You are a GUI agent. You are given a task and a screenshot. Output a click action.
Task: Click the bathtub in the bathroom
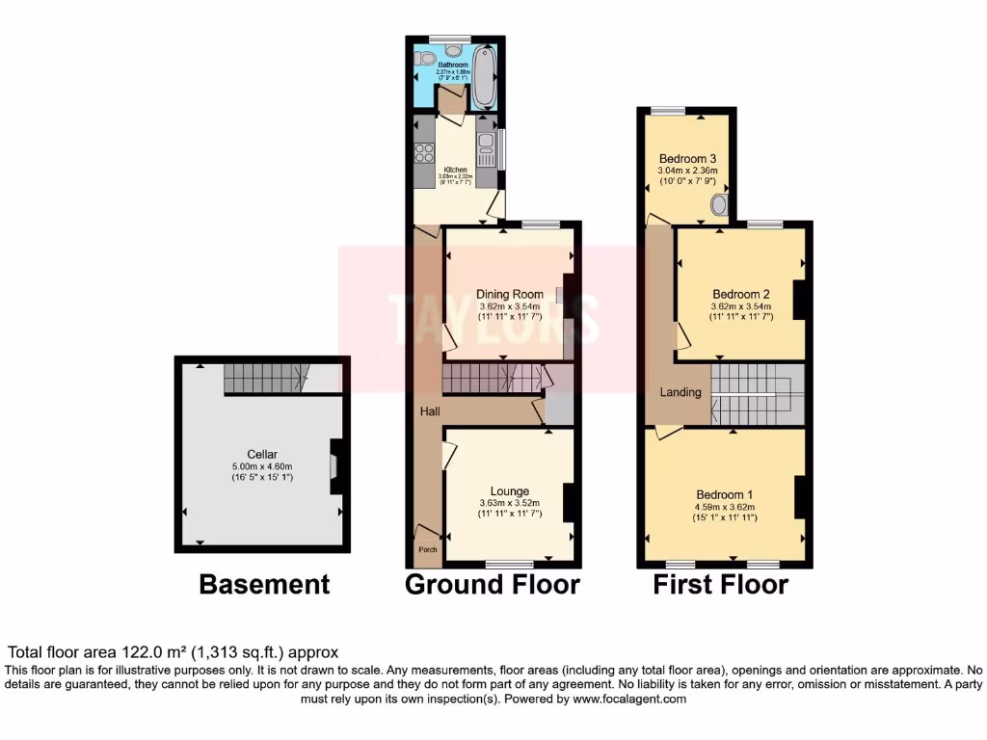point(484,77)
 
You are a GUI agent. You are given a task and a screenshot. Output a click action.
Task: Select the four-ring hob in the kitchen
point(423,152)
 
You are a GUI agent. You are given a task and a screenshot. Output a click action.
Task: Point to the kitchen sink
point(486,145)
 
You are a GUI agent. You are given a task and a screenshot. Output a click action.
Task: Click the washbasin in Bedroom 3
point(718,205)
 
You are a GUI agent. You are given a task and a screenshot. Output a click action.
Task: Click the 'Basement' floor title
point(264,584)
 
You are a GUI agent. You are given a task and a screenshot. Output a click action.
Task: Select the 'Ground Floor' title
point(492,584)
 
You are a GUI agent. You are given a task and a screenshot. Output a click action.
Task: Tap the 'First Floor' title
point(720,584)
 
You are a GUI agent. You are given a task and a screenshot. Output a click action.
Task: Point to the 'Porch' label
point(426,550)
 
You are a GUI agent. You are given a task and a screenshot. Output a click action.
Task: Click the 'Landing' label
point(680,393)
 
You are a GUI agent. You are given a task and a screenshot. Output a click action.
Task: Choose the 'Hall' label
point(430,411)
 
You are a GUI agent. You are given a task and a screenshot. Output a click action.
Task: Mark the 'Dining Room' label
point(510,294)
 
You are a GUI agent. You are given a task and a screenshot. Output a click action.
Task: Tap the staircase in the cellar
point(266,380)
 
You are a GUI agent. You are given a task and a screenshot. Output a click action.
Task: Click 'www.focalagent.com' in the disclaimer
point(630,700)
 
